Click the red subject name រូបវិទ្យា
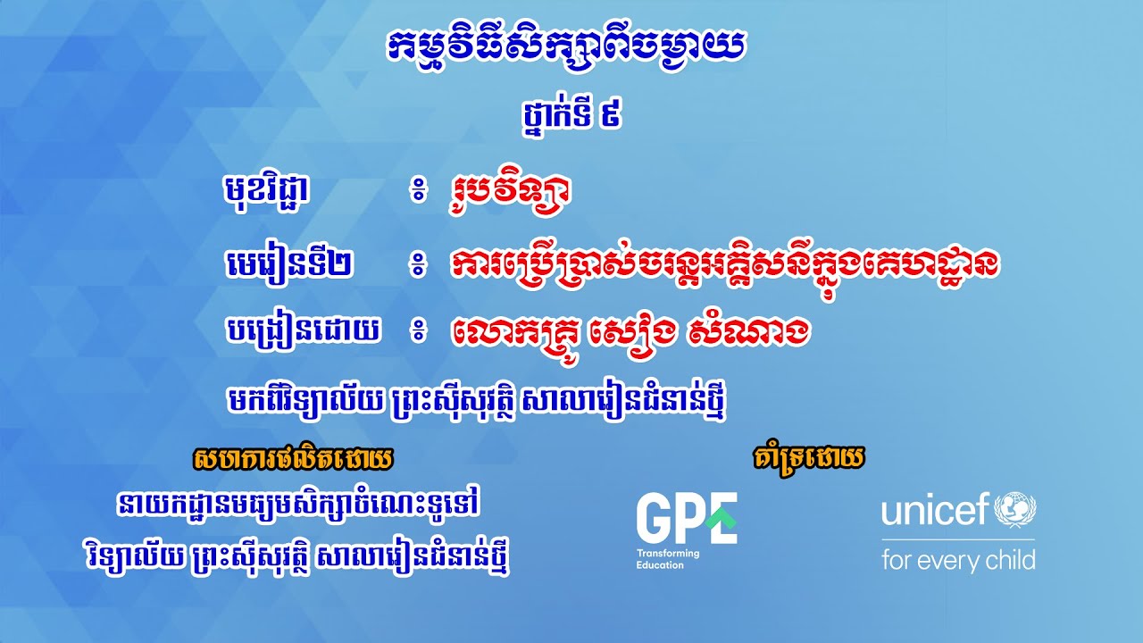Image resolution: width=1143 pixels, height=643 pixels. [510, 190]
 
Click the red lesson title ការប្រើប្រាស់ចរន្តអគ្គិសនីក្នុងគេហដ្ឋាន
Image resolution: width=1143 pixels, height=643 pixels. [724, 263]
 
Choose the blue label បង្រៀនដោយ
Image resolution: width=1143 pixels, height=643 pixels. [303, 333]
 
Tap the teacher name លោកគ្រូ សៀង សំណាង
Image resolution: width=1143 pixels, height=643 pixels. [630, 333]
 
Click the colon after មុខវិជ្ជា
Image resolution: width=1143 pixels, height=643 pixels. [417, 192]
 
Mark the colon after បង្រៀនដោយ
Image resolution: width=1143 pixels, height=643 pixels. [417, 334]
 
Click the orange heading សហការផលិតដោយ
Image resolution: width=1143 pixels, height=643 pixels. [292, 460]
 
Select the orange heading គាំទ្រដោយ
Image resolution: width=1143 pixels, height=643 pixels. [809, 459]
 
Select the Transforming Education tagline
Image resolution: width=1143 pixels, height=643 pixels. [668, 559]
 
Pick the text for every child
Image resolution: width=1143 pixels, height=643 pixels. [958, 561]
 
